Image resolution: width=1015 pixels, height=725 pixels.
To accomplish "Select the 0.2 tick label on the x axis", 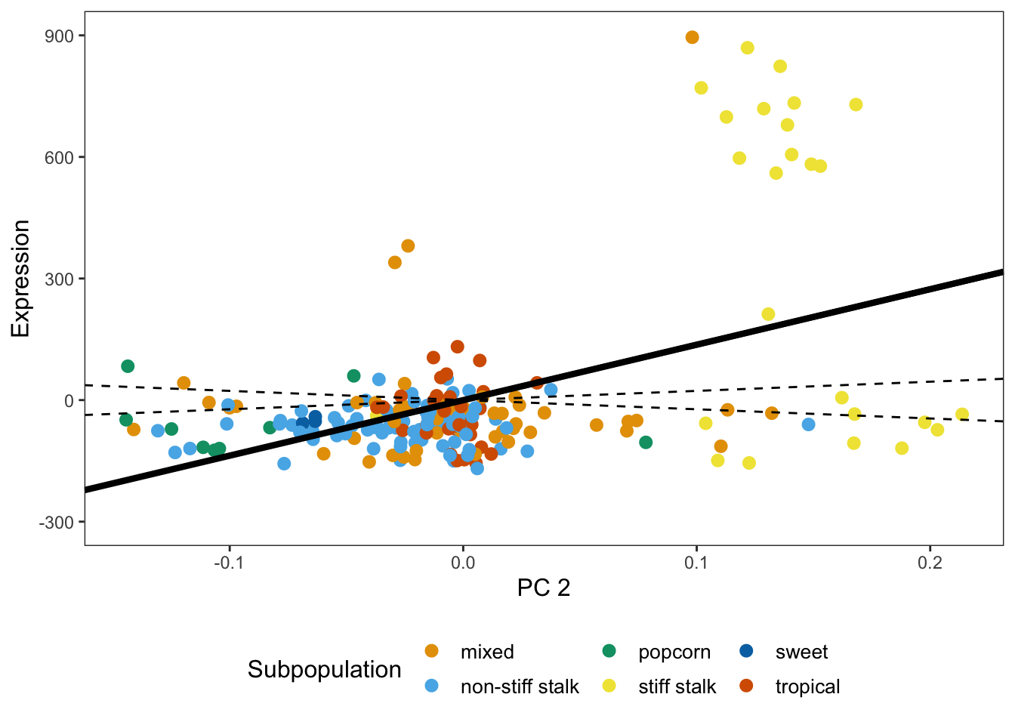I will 930,563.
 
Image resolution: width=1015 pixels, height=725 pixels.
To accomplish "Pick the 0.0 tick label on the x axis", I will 462,563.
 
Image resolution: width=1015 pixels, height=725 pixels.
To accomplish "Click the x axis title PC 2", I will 544,588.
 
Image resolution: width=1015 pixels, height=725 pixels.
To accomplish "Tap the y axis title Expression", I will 20,279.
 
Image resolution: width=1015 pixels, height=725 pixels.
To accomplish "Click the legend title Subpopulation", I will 324,670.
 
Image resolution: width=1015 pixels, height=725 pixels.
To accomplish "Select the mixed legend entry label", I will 487,652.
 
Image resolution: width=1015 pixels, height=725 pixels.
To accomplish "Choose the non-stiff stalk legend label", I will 520,686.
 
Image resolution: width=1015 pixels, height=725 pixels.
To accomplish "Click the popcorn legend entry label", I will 674,652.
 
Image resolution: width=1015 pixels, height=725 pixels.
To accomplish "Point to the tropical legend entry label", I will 807,686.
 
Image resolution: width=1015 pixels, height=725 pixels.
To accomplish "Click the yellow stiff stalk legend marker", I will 609,686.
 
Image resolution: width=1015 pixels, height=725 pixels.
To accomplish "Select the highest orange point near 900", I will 692,38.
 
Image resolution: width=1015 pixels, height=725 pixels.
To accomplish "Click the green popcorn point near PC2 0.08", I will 646,443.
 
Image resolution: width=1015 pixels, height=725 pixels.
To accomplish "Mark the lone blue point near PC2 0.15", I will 808,424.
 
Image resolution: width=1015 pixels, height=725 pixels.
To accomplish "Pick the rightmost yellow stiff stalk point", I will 961,414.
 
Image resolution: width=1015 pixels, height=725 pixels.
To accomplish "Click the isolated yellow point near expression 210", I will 768,314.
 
